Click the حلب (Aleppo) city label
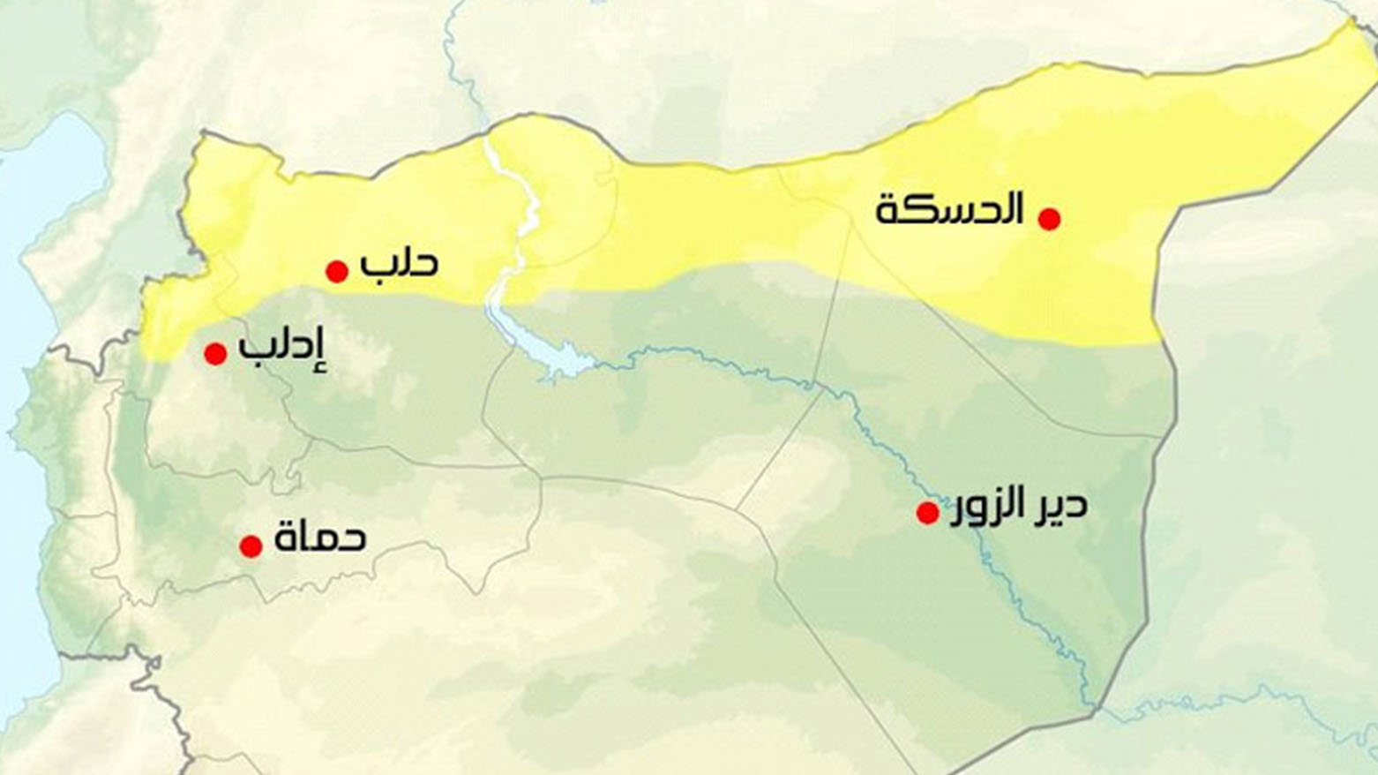pyautogui.click(x=399, y=263)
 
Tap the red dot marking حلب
pyautogui.click(x=336, y=271)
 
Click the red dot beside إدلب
pyautogui.click(x=215, y=354)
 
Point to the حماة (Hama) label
pyautogui.click(x=320, y=537)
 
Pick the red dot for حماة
pyautogui.click(x=251, y=546)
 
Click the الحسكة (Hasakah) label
pyautogui.click(x=949, y=210)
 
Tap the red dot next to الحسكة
pyautogui.click(x=1049, y=219)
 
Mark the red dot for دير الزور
pyautogui.click(x=927, y=513)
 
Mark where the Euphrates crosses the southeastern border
pyautogui.click(x=1095, y=705)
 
